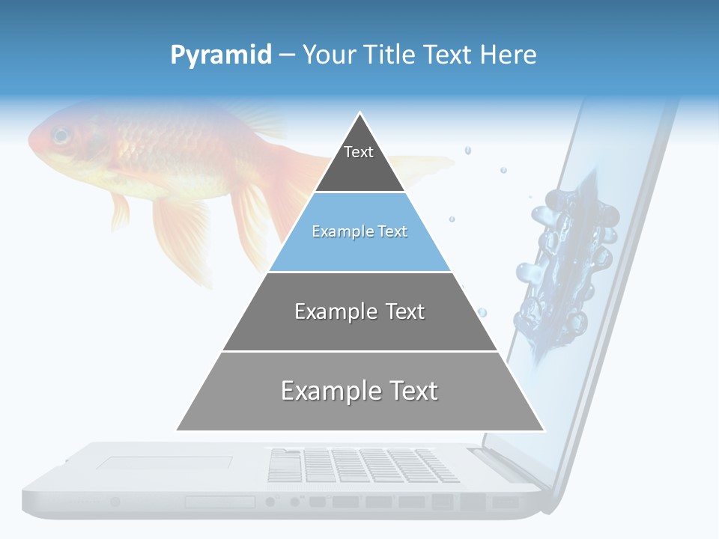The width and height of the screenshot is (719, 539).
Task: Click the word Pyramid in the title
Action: pos(220,55)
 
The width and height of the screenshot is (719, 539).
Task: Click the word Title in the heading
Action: pos(390,55)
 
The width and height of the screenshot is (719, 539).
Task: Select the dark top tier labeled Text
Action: pos(359,161)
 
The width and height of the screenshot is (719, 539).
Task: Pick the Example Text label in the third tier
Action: pos(359,311)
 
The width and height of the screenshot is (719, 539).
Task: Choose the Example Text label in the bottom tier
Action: pos(359,391)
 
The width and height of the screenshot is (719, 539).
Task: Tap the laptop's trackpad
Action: pos(154,464)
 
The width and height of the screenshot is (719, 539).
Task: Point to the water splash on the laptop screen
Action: pos(569,262)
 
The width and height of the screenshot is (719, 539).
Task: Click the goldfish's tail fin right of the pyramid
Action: pos(427,165)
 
